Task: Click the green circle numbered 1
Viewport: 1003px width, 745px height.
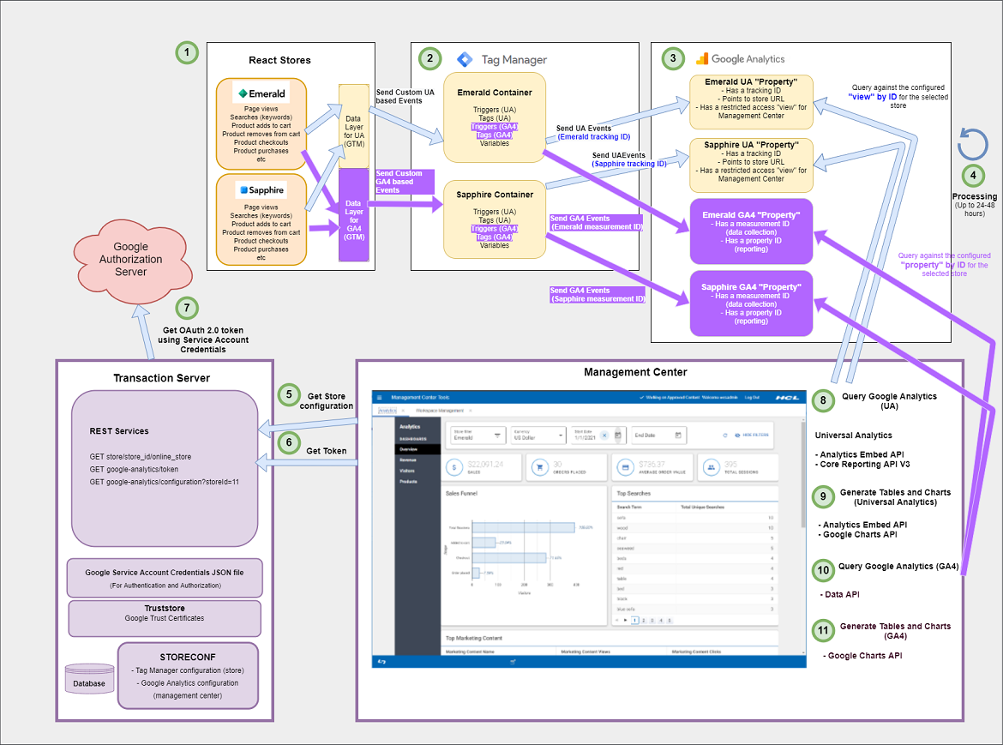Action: pos(186,53)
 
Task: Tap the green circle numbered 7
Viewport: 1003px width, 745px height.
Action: pos(186,309)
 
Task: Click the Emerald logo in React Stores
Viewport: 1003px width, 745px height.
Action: pos(261,93)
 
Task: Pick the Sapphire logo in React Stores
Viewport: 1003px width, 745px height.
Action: pos(261,189)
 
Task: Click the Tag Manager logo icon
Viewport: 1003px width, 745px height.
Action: pos(464,59)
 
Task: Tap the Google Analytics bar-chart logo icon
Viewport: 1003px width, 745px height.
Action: pos(701,59)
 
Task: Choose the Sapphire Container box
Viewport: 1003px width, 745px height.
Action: pos(495,219)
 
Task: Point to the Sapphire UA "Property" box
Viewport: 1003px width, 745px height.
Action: pos(751,163)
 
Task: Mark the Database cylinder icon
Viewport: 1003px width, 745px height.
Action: pos(88,678)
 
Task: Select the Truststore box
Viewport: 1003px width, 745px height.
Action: pos(165,618)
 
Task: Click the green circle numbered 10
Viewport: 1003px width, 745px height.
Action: pos(823,570)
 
